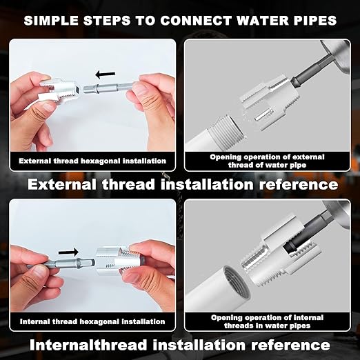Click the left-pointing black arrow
106,73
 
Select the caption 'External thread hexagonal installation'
92,161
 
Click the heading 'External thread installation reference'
181,185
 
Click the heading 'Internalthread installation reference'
181,344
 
